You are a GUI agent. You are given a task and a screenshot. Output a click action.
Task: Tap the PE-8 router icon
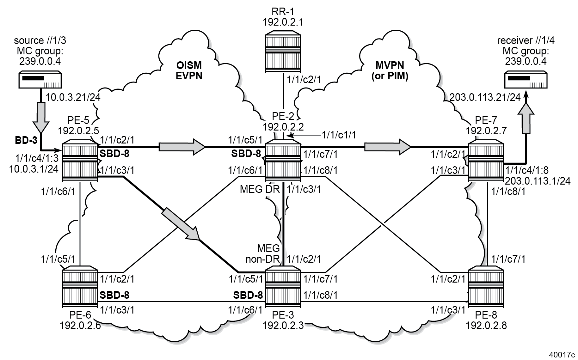tap(486, 287)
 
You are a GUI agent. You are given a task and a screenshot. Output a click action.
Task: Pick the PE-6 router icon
tap(80, 287)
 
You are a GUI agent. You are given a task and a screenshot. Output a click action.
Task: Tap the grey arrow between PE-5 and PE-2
tap(182, 147)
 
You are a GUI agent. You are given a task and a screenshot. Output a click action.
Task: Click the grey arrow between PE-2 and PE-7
tap(387, 147)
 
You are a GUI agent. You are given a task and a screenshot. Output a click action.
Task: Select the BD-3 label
tap(26, 140)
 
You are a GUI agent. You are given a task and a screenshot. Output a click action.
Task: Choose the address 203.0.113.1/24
tap(538, 180)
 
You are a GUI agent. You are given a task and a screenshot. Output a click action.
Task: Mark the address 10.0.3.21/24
tap(73, 97)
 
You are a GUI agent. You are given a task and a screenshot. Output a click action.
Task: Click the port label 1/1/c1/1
tap(339, 135)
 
